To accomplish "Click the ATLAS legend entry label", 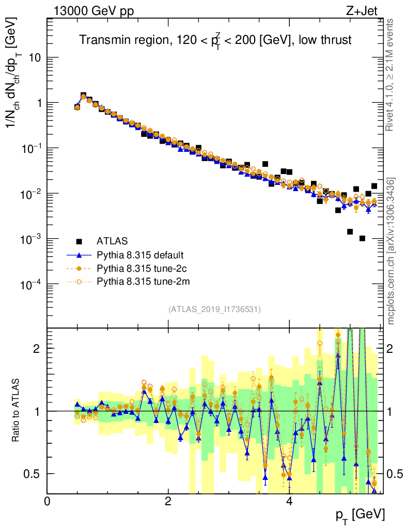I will [x=112, y=241].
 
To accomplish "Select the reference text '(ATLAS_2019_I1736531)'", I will [x=214, y=309].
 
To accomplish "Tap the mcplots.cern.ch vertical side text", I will [x=391, y=251].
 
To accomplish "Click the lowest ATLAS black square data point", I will [x=362, y=239].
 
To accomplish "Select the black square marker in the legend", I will [x=79, y=241].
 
